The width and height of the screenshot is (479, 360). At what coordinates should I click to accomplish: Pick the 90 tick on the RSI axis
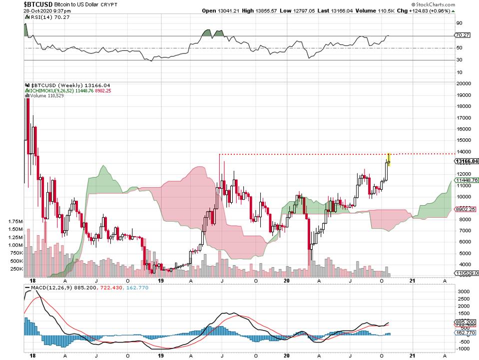459,23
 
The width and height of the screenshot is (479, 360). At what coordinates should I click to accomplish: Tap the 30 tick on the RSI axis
459,60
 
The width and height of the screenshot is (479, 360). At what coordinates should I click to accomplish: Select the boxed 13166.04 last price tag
467,161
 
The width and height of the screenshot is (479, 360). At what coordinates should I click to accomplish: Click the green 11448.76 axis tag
467,180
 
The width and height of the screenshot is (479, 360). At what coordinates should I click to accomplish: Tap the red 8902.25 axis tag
467,210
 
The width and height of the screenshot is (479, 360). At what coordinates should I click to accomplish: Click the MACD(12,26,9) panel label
46,288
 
